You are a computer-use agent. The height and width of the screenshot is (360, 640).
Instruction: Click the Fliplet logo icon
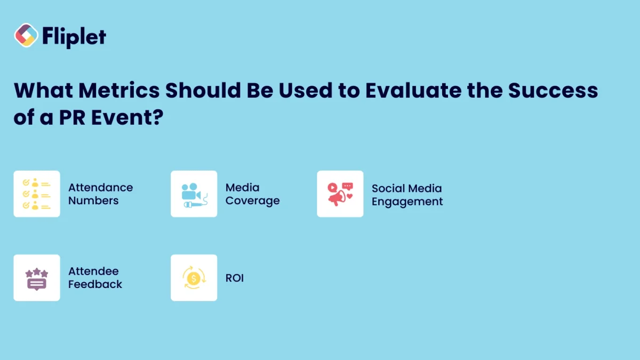point(26,35)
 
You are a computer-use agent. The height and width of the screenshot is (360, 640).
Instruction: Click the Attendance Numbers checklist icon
point(37,194)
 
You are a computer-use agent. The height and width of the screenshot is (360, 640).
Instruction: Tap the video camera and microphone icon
point(194,194)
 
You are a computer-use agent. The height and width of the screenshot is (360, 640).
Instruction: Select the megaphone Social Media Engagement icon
point(340,194)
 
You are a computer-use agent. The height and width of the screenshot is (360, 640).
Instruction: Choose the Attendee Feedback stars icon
point(37,278)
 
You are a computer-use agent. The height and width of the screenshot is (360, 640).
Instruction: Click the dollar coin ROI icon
point(194,278)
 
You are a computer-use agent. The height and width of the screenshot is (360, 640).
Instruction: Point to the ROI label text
point(235,278)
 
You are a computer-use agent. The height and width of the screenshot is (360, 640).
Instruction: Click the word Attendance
point(100,188)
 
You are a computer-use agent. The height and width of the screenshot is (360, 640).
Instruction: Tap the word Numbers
point(93,201)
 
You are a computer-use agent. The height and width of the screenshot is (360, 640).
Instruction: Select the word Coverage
point(252,201)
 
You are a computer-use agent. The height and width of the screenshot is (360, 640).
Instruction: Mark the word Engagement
point(407,202)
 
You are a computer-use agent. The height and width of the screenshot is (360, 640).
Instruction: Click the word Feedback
point(95,284)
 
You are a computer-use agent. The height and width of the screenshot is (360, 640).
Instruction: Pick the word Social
point(388,188)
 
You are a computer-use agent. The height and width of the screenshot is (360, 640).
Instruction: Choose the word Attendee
point(93,271)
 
